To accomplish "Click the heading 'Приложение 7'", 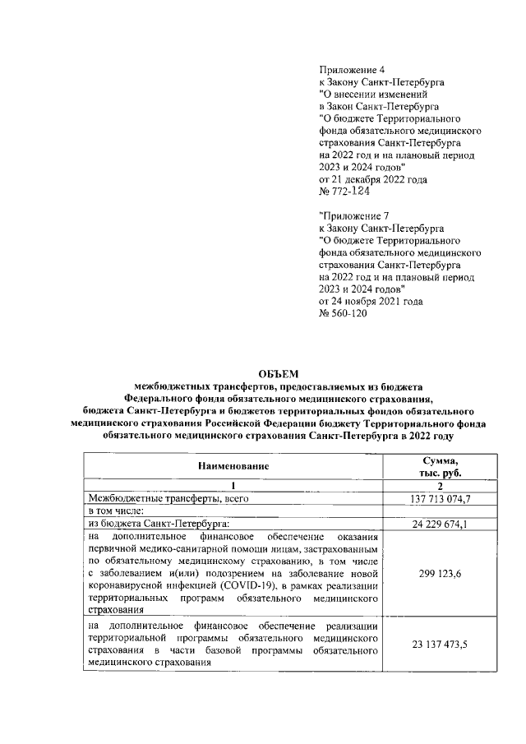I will pos(350,215).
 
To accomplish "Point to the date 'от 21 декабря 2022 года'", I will pos(372,178).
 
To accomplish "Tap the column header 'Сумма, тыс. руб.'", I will pos(440,466).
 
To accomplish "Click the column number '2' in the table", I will pos(440,485).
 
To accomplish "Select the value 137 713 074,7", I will pos(440,498).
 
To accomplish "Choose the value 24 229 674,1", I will pos(440,523).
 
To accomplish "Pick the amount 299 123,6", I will pos(440,573).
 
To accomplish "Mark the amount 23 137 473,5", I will pos(440,646).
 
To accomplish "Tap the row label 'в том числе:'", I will pos(120,511).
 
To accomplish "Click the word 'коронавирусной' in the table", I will pos(127,585).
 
